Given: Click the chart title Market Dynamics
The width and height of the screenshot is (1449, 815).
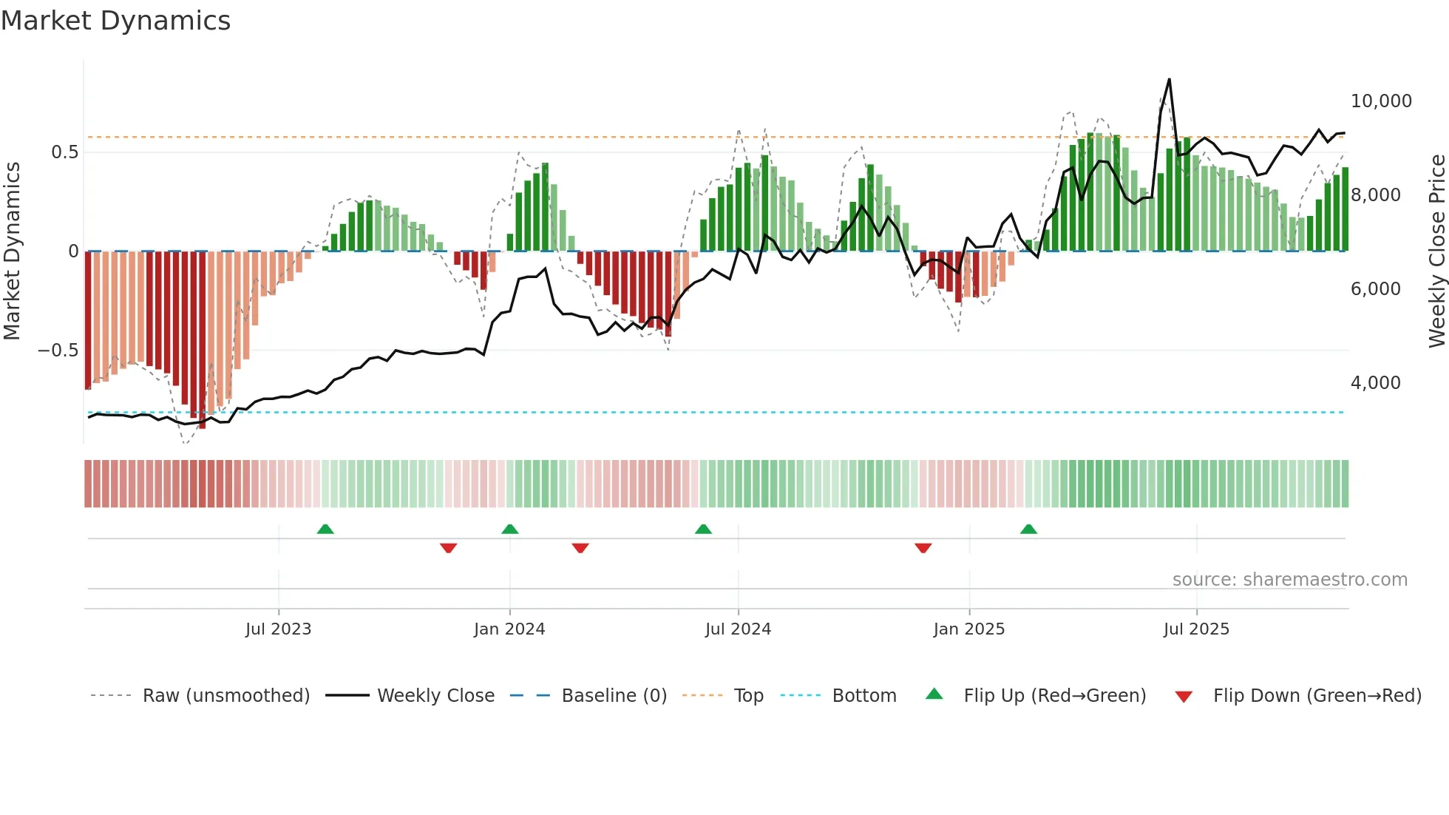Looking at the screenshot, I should tap(116, 21).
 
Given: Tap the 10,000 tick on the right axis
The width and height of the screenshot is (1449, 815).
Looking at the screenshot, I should tap(1380, 101).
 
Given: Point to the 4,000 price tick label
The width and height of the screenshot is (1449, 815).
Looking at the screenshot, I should tap(1375, 383).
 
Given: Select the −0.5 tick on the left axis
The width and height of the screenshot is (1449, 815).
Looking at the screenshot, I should tap(58, 351).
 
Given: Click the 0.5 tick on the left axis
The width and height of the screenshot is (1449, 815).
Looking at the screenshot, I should tap(64, 152).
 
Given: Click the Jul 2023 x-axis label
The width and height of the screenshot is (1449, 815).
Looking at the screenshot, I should tap(278, 629).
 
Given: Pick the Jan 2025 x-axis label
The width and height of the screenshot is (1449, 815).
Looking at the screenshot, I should tap(968, 629).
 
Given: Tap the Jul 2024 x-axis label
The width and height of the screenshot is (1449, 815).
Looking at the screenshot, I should tap(738, 629).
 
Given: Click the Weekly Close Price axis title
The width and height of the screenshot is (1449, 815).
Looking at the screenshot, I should tap(1436, 251).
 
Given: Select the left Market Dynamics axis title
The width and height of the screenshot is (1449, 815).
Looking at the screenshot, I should tap(12, 251).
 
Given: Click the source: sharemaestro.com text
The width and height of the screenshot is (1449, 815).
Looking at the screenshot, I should tap(1289, 580).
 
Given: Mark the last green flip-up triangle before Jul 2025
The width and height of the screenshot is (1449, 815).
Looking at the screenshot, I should tap(1028, 529).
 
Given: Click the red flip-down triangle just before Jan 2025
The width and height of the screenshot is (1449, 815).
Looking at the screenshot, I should tap(923, 548).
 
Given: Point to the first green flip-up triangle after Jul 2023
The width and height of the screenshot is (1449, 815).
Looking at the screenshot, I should tap(325, 529).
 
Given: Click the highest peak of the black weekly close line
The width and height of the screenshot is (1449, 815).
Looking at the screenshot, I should tap(1169, 80).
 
